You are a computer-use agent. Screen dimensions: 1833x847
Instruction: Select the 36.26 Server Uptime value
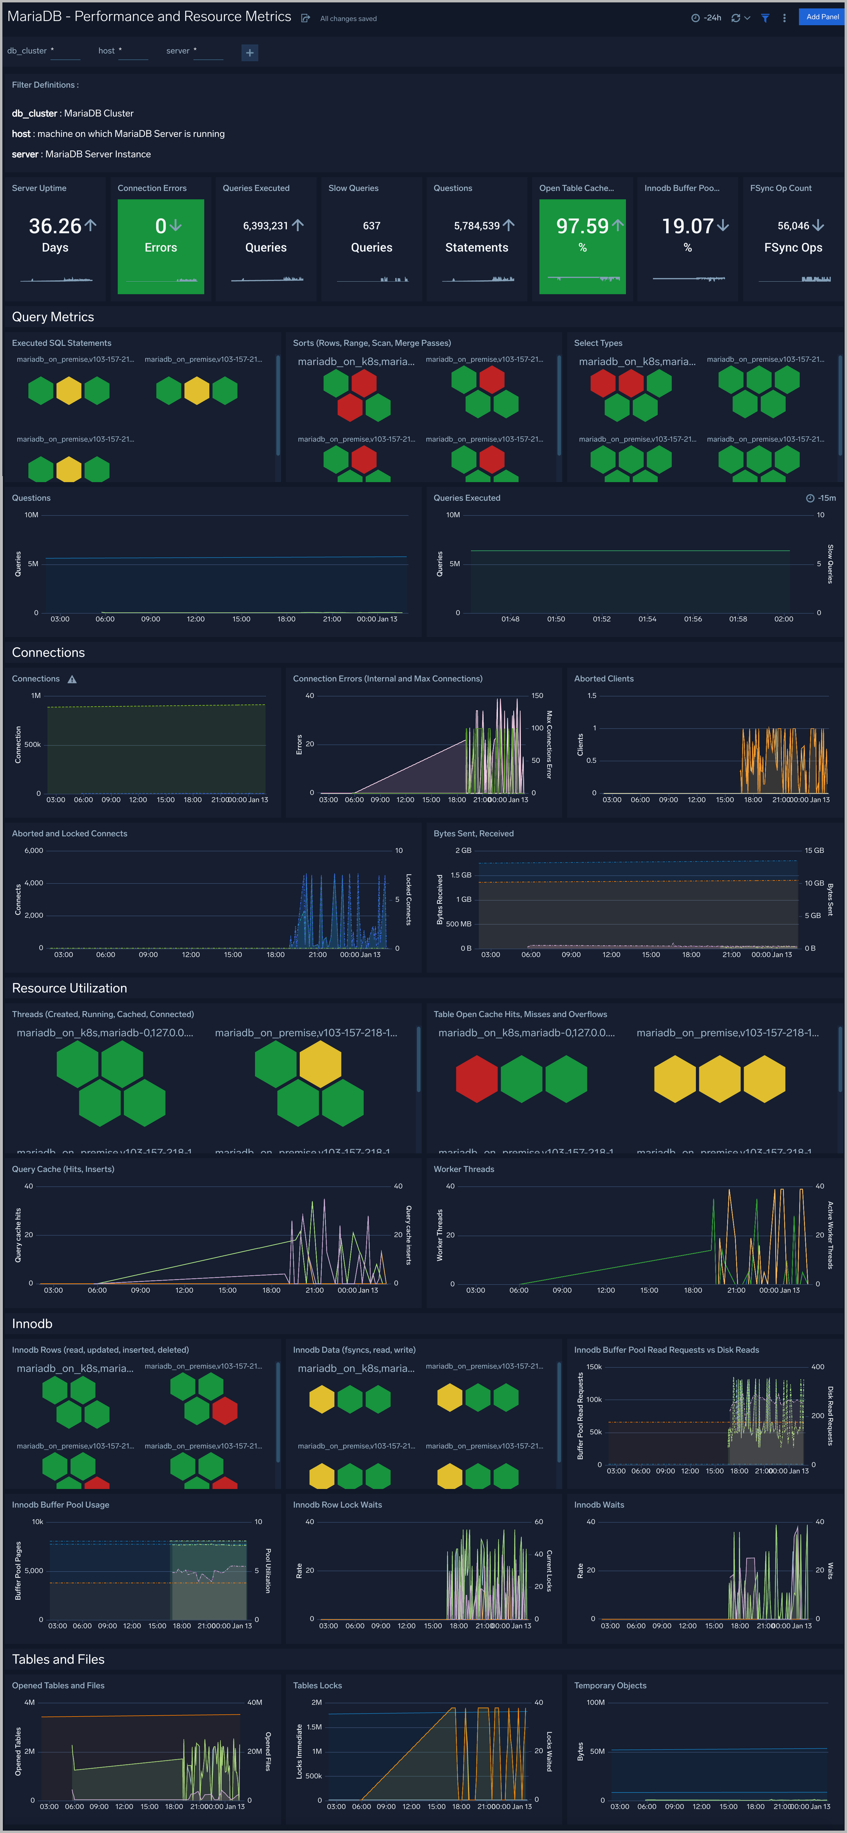(x=55, y=226)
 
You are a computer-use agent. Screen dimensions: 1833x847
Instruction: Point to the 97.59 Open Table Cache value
(x=582, y=226)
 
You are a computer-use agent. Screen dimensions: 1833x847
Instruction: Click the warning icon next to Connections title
(x=72, y=680)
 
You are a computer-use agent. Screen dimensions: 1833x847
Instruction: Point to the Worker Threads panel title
(x=463, y=1169)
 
